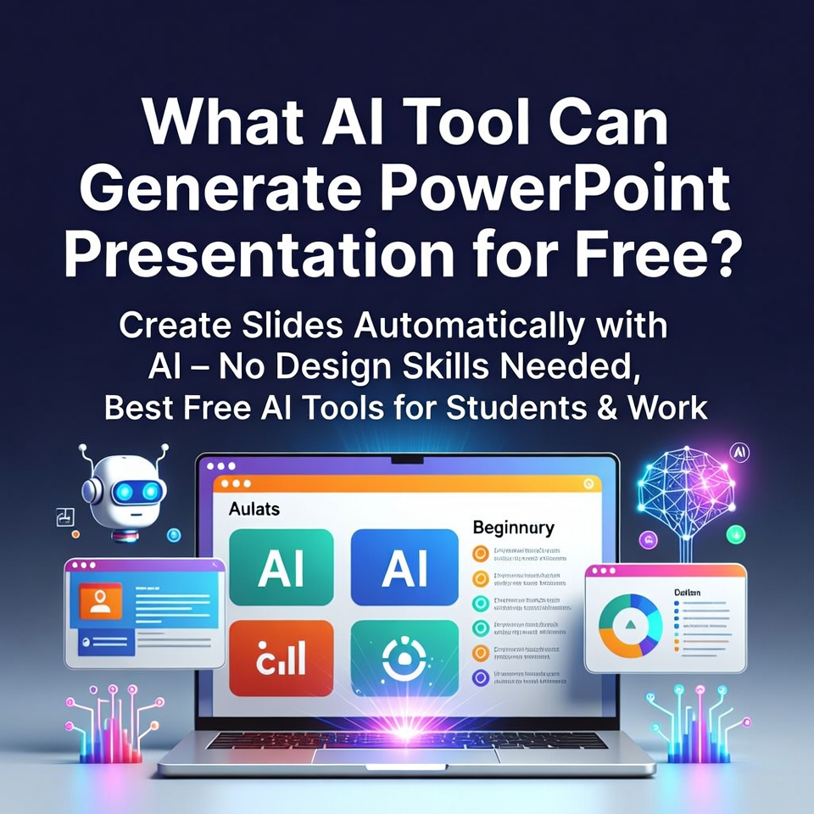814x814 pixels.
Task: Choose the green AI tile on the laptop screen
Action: (x=281, y=567)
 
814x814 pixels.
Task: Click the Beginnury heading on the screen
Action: (x=513, y=528)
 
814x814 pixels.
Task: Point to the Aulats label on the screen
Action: (x=254, y=510)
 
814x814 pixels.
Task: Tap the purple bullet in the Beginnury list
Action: (x=481, y=677)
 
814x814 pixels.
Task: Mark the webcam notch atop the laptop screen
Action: (x=406, y=460)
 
